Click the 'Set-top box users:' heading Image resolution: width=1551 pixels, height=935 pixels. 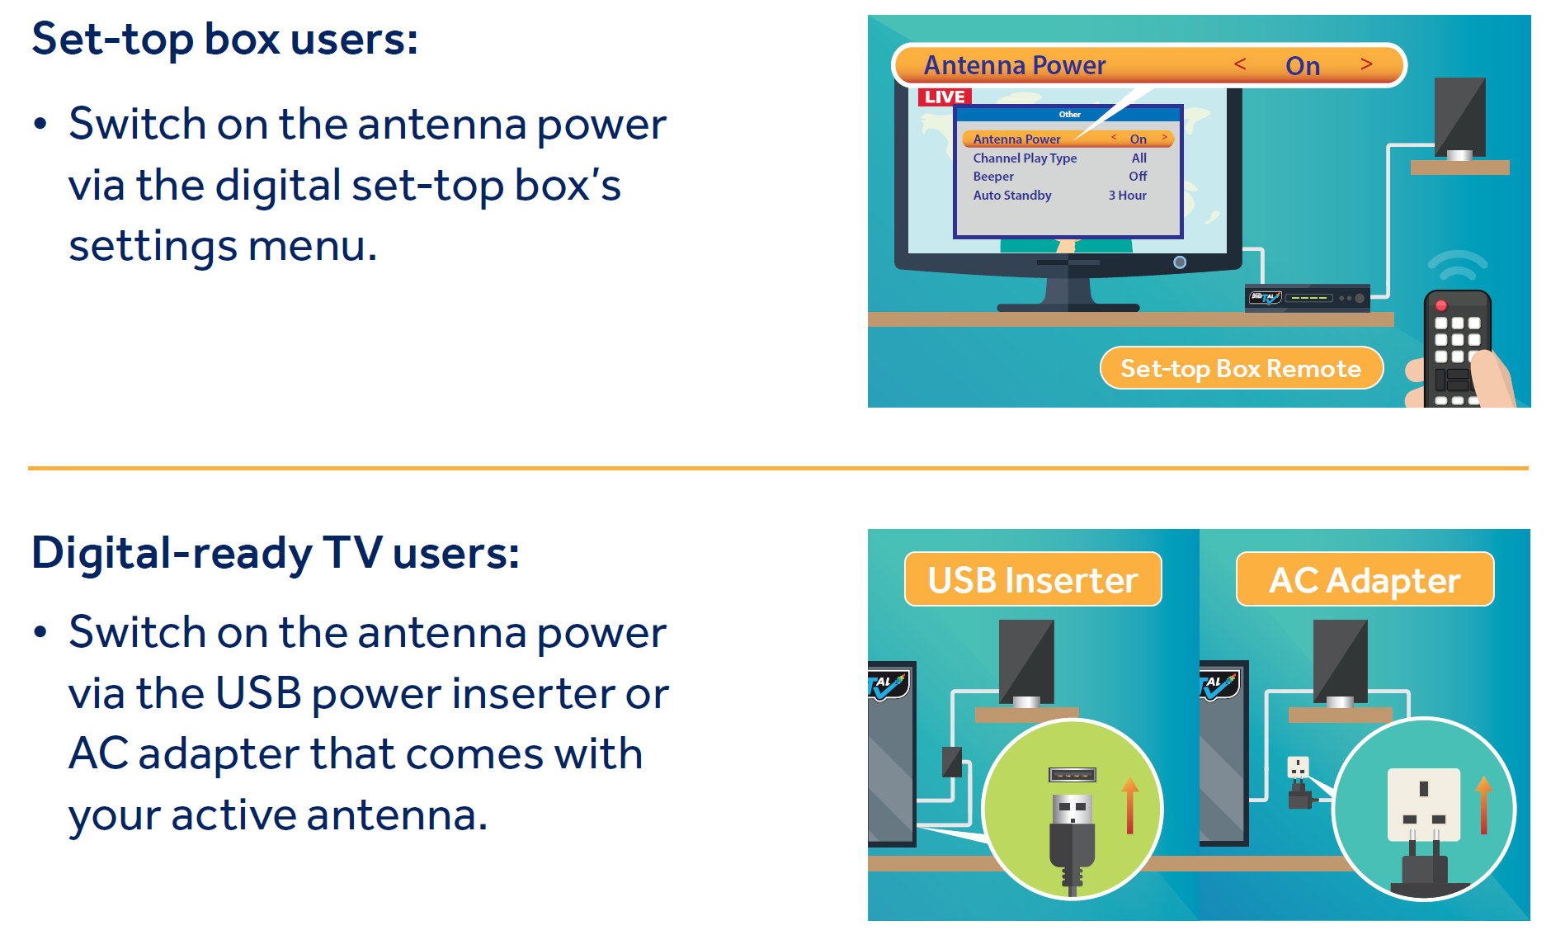pyautogui.click(x=224, y=40)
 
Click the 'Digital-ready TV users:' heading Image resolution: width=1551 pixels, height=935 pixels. pyautogui.click(x=276, y=554)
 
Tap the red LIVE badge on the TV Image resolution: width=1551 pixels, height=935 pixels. pyautogui.click(x=945, y=97)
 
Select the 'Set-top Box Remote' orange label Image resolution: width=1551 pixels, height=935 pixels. pyautogui.click(x=1241, y=368)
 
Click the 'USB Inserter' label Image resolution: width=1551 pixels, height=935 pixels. pyautogui.click(x=1033, y=579)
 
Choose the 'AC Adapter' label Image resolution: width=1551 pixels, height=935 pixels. pyautogui.click(x=1365, y=579)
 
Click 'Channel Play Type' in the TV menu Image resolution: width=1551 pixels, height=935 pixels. pyautogui.click(x=1025, y=158)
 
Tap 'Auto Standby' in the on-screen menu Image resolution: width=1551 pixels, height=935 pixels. pyautogui.click(x=1012, y=196)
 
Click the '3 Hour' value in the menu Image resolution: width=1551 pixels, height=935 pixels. pyautogui.click(x=1127, y=196)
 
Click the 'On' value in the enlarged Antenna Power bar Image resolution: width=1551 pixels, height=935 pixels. pyautogui.click(x=1303, y=66)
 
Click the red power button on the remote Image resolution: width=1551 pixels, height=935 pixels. pyautogui.click(x=1441, y=305)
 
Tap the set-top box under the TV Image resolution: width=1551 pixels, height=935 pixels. pyautogui.click(x=1307, y=298)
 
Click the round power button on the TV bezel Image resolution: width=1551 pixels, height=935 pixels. pyautogui.click(x=1180, y=262)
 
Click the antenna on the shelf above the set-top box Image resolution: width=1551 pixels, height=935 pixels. pyautogui.click(x=1459, y=119)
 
